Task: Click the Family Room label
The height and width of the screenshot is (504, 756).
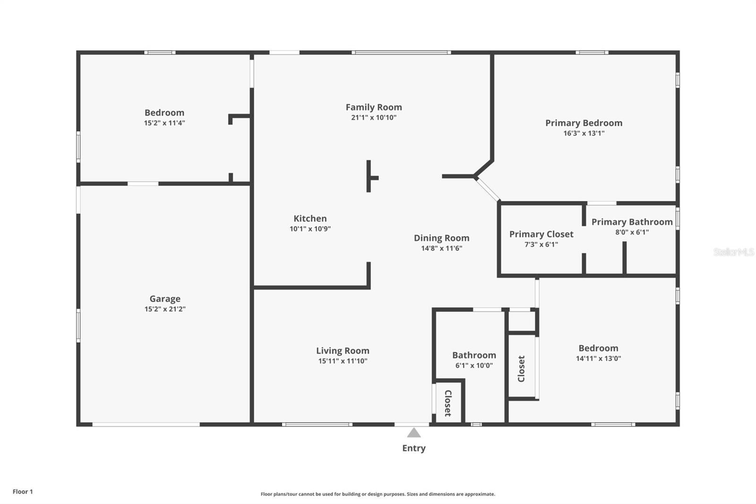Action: [373, 107]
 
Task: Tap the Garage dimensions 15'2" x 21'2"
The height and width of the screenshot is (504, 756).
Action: [165, 309]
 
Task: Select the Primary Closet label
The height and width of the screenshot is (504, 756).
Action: [541, 234]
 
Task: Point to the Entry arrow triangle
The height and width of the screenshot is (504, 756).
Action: [414, 433]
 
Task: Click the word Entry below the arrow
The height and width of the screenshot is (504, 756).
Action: [414, 448]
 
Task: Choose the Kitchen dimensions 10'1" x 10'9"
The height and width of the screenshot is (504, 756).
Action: [310, 229]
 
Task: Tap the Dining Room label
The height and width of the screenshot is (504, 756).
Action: [441, 238]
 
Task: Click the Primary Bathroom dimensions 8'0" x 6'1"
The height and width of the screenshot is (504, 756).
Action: [632, 232]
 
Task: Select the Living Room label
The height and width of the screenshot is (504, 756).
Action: [343, 350]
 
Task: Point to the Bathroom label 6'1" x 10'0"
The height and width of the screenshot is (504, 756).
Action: [474, 355]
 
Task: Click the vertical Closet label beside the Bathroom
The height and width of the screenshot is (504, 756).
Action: [521, 369]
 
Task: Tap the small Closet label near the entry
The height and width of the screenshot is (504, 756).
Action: [448, 403]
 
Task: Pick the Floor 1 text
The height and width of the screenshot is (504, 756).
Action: [23, 492]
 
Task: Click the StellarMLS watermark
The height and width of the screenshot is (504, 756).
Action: [733, 252]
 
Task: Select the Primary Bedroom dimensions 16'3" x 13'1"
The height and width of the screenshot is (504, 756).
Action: [584, 133]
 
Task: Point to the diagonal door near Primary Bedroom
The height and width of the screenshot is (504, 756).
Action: [488, 189]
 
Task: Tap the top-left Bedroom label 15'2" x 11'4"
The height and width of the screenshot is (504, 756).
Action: [164, 113]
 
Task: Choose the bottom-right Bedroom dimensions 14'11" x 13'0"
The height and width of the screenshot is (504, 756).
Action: [598, 358]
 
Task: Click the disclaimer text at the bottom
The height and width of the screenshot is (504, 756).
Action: [378, 494]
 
